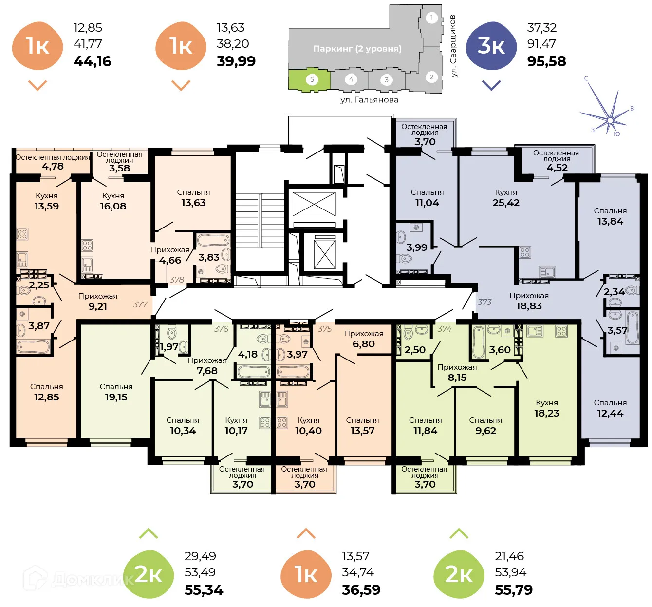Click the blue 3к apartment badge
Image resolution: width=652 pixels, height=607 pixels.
pyautogui.click(x=491, y=46)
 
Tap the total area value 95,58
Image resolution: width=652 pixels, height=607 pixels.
pyautogui.click(x=546, y=61)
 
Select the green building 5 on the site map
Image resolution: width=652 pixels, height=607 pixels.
pyautogui.click(x=310, y=79)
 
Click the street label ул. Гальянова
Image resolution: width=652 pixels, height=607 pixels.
pyautogui.click(x=369, y=100)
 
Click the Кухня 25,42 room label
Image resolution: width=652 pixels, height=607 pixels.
pyautogui.click(x=506, y=198)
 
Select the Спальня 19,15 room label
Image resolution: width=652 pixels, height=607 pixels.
pyautogui.click(x=116, y=392)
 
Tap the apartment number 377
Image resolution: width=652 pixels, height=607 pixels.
pyautogui.click(x=140, y=304)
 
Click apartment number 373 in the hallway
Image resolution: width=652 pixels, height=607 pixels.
pyautogui.click(x=484, y=302)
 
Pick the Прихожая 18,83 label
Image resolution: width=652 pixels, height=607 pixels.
pyautogui.click(x=529, y=301)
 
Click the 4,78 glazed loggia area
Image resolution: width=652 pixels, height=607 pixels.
pyautogui.click(x=53, y=166)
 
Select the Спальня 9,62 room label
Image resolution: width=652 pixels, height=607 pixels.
pyautogui.click(x=485, y=426)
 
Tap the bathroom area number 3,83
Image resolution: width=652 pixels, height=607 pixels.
pyautogui.click(x=208, y=257)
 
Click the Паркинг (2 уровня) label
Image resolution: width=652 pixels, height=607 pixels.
pyautogui.click(x=357, y=49)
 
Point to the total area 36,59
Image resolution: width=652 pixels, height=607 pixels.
pyautogui.click(x=361, y=590)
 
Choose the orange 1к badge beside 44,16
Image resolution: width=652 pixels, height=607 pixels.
pyautogui.click(x=37, y=46)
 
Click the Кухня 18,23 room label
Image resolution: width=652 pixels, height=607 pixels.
pyautogui.click(x=547, y=408)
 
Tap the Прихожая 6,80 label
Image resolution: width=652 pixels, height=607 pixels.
pyautogui.click(x=364, y=339)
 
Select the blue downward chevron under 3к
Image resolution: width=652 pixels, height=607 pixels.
pyautogui.click(x=491, y=86)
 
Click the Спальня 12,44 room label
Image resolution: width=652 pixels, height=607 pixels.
pyautogui.click(x=610, y=408)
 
